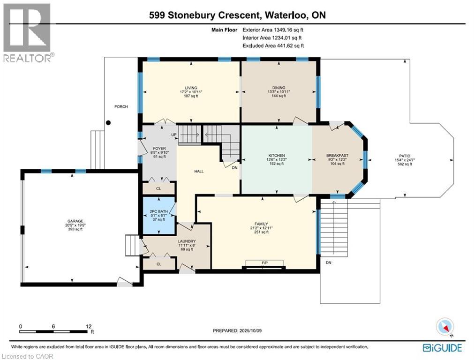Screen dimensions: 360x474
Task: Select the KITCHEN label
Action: [277, 156]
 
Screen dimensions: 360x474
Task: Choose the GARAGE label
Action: [75, 221]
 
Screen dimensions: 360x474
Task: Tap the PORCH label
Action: [121, 106]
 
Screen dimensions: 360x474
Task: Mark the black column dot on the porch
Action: [109, 123]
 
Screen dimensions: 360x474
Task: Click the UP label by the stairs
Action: [173, 135]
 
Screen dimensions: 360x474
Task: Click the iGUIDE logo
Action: [443, 347]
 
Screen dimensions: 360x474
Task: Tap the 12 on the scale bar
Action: [88, 326]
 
